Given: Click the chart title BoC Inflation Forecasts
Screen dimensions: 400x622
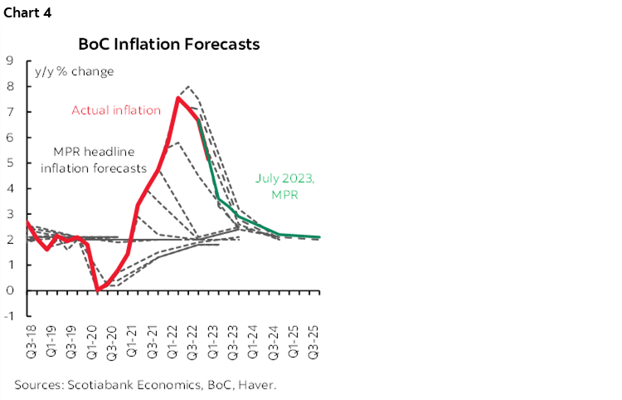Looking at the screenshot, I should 168,44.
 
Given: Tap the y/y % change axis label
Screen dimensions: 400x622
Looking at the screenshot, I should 74,71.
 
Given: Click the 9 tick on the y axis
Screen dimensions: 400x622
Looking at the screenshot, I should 9,60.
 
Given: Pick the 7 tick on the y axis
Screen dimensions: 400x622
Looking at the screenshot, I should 9,111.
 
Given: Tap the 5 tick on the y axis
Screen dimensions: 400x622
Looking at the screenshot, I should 9,163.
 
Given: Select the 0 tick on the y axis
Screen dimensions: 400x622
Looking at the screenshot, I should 9,290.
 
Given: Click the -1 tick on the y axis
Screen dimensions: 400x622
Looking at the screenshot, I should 7,316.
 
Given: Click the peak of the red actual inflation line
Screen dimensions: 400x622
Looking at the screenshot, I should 178,98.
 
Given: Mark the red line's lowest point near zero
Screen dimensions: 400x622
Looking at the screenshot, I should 98,290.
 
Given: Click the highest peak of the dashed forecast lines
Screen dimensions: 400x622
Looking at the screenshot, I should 189,86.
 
